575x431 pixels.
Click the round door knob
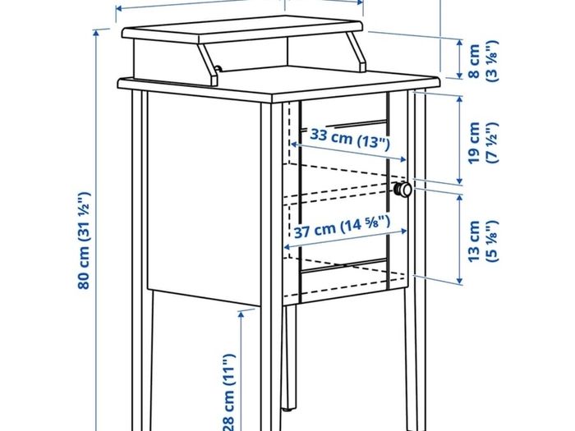pos(402,190)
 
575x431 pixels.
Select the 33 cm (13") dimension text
pos(350,138)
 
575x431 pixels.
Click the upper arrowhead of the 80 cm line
pos(96,33)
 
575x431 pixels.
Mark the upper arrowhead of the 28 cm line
pos(241,314)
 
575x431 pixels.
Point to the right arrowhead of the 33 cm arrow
pos(403,159)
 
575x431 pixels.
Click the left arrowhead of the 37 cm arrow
pos(287,246)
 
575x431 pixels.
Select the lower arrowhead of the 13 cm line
pos(459,282)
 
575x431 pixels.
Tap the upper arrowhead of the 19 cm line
pos(459,99)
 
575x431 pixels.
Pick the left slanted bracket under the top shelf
pos(209,65)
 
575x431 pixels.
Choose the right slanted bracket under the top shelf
pos(356,51)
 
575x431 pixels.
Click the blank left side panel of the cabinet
pos(204,198)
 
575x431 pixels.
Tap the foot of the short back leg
pos(288,407)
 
